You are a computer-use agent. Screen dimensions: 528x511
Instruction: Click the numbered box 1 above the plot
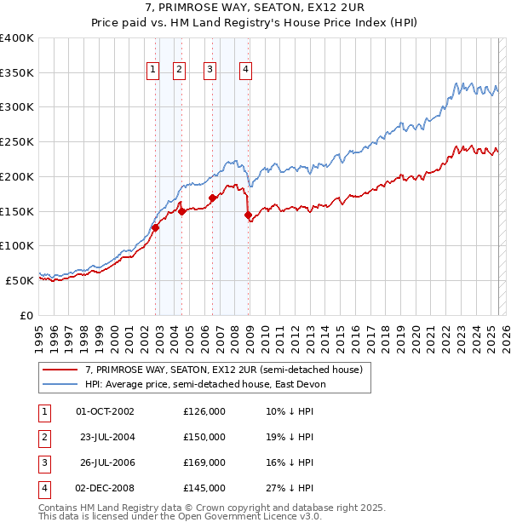point(153,71)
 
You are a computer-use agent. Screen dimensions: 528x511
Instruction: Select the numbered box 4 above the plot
point(245,71)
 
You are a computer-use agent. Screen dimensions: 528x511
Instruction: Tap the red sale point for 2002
point(156,227)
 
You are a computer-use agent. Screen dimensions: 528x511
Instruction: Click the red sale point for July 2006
point(213,198)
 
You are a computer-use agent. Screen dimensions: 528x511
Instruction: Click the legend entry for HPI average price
point(204,384)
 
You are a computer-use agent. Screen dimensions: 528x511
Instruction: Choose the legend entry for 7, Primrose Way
point(224,370)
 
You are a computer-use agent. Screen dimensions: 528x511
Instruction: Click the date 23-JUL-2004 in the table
point(106,437)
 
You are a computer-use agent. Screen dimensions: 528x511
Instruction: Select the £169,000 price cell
point(204,462)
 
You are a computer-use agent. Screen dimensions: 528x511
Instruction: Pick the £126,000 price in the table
point(204,411)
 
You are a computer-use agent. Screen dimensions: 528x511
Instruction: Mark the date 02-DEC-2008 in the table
point(105,488)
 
